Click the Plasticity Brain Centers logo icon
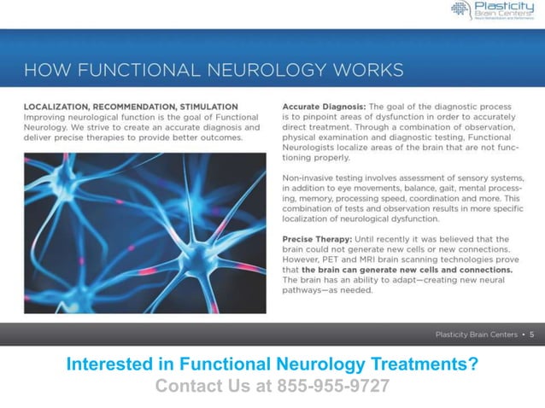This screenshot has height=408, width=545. pyautogui.click(x=460, y=9)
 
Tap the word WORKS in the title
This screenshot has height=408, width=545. pyautogui.click(x=366, y=68)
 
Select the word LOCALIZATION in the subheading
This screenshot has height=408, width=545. pyautogui.click(x=57, y=107)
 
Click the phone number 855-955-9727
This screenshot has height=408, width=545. pyautogui.click(x=333, y=386)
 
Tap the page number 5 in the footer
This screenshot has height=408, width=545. pyautogui.click(x=531, y=334)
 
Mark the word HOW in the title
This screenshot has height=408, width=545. pyautogui.click(x=40, y=68)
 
